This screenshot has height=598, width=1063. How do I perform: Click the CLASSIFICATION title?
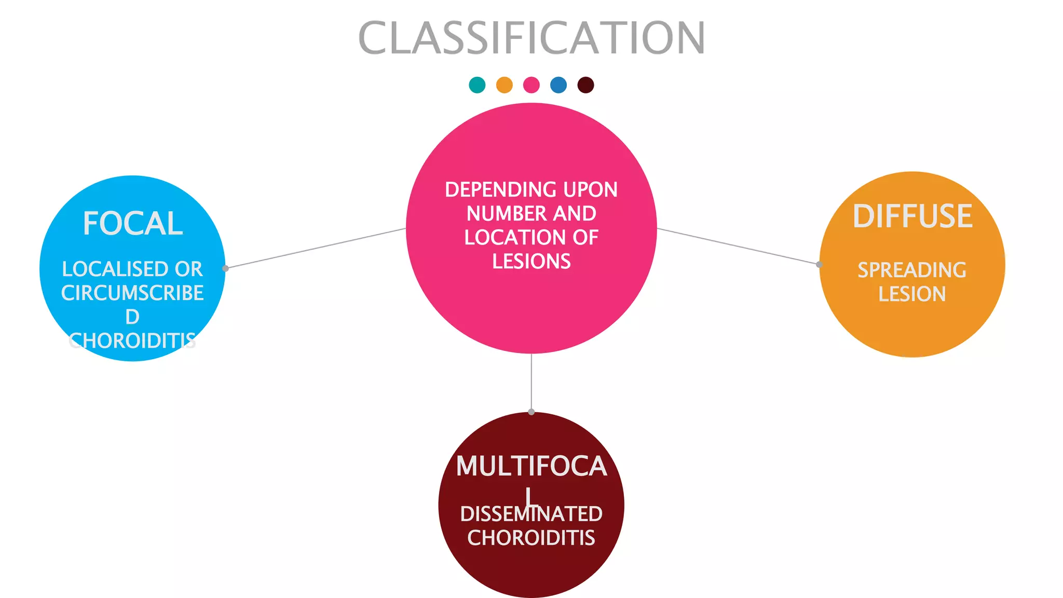pyautogui.click(x=531, y=37)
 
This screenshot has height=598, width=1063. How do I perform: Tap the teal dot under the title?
pyautogui.click(x=477, y=85)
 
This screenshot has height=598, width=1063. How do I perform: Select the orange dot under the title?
pyautogui.click(x=504, y=85)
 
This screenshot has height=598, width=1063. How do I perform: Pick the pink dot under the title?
pyautogui.click(x=531, y=85)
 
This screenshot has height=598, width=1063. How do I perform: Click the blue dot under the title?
pyautogui.click(x=558, y=85)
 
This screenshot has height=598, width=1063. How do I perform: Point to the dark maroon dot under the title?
pyautogui.click(x=585, y=85)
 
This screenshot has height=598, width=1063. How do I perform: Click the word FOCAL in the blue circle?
pyautogui.click(x=133, y=224)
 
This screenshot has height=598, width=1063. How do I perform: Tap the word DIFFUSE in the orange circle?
pyautogui.click(x=912, y=216)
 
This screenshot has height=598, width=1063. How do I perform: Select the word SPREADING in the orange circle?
pyautogui.click(x=912, y=270)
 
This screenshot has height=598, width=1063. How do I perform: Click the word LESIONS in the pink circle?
pyautogui.click(x=531, y=261)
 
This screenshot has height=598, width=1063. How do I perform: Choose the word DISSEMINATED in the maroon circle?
pyautogui.click(x=531, y=514)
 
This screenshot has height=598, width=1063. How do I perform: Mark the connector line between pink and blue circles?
pyautogui.click(x=316, y=248)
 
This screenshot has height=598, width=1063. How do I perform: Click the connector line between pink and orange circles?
pyautogui.click(x=738, y=246)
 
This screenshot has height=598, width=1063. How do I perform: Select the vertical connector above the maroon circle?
pyautogui.click(x=531, y=383)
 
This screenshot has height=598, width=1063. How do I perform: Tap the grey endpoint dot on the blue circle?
pyautogui.click(x=225, y=268)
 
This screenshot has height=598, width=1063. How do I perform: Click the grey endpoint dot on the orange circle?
pyautogui.click(x=819, y=264)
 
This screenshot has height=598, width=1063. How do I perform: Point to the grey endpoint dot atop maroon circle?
pyautogui.click(x=531, y=412)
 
